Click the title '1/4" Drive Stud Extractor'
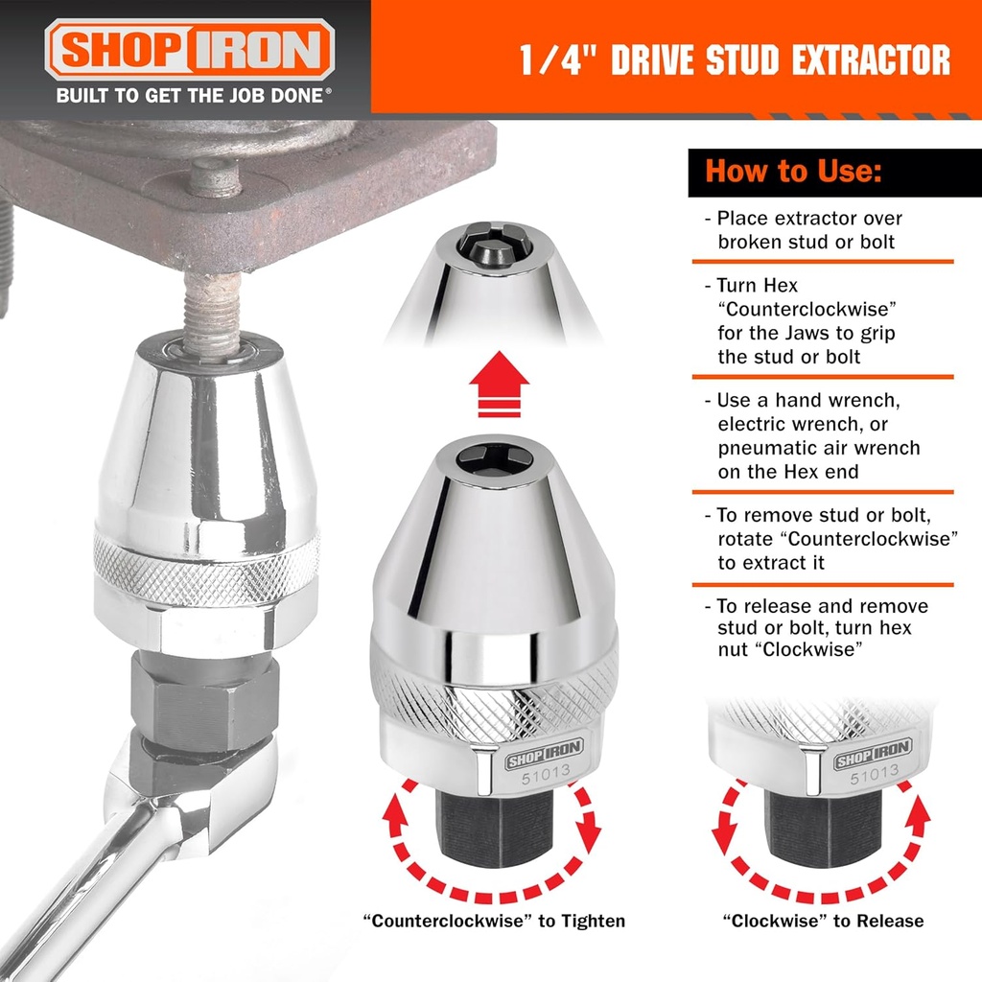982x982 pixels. tap(735, 59)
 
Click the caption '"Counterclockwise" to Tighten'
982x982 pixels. tap(494, 921)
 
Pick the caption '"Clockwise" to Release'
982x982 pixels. tap(823, 921)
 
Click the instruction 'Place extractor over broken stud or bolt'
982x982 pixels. tap(810, 230)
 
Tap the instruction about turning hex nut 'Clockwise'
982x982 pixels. tap(822, 628)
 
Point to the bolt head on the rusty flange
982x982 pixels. tap(214, 177)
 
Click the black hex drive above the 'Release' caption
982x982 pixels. tap(822, 825)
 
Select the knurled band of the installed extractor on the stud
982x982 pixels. tap(207, 569)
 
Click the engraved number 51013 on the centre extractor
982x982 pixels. tap(540, 778)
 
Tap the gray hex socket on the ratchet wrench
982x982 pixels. tap(205, 700)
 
